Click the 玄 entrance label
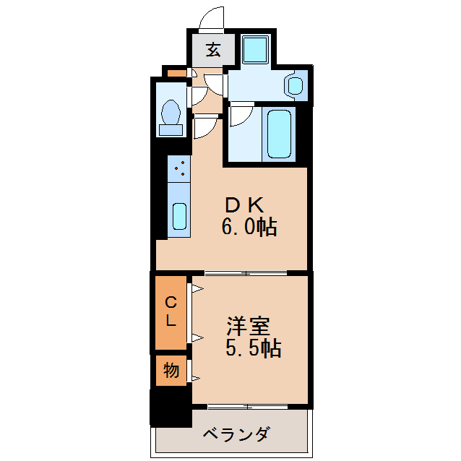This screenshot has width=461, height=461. (x=213, y=50)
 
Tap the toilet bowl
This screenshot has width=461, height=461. (x=172, y=112)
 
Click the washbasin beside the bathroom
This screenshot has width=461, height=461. (x=295, y=85)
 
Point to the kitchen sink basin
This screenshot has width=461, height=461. (x=178, y=215)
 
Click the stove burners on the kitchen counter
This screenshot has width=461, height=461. (x=178, y=170)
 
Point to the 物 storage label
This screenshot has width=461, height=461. (x=171, y=371)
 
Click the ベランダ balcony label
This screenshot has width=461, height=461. (x=236, y=434)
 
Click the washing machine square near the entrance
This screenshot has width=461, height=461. (x=255, y=49)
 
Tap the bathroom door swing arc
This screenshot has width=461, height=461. (x=241, y=116)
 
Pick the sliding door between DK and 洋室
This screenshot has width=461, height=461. (x=246, y=272)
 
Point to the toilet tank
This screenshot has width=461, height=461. (x=171, y=130)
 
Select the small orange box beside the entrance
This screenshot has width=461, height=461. (x=176, y=73)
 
